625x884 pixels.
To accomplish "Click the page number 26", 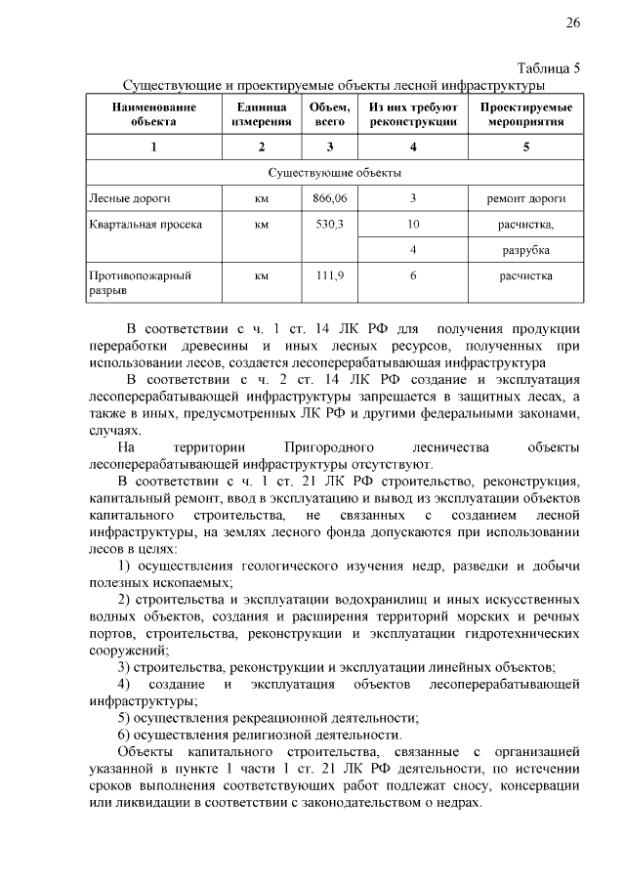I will point(573,22).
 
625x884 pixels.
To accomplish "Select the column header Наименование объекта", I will point(153,113).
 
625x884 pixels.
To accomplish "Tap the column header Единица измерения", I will point(262,113).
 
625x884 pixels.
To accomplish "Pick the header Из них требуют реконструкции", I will point(413,113).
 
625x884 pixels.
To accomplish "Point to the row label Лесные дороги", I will point(122,198).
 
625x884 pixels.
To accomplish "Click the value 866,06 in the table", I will point(330,198).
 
